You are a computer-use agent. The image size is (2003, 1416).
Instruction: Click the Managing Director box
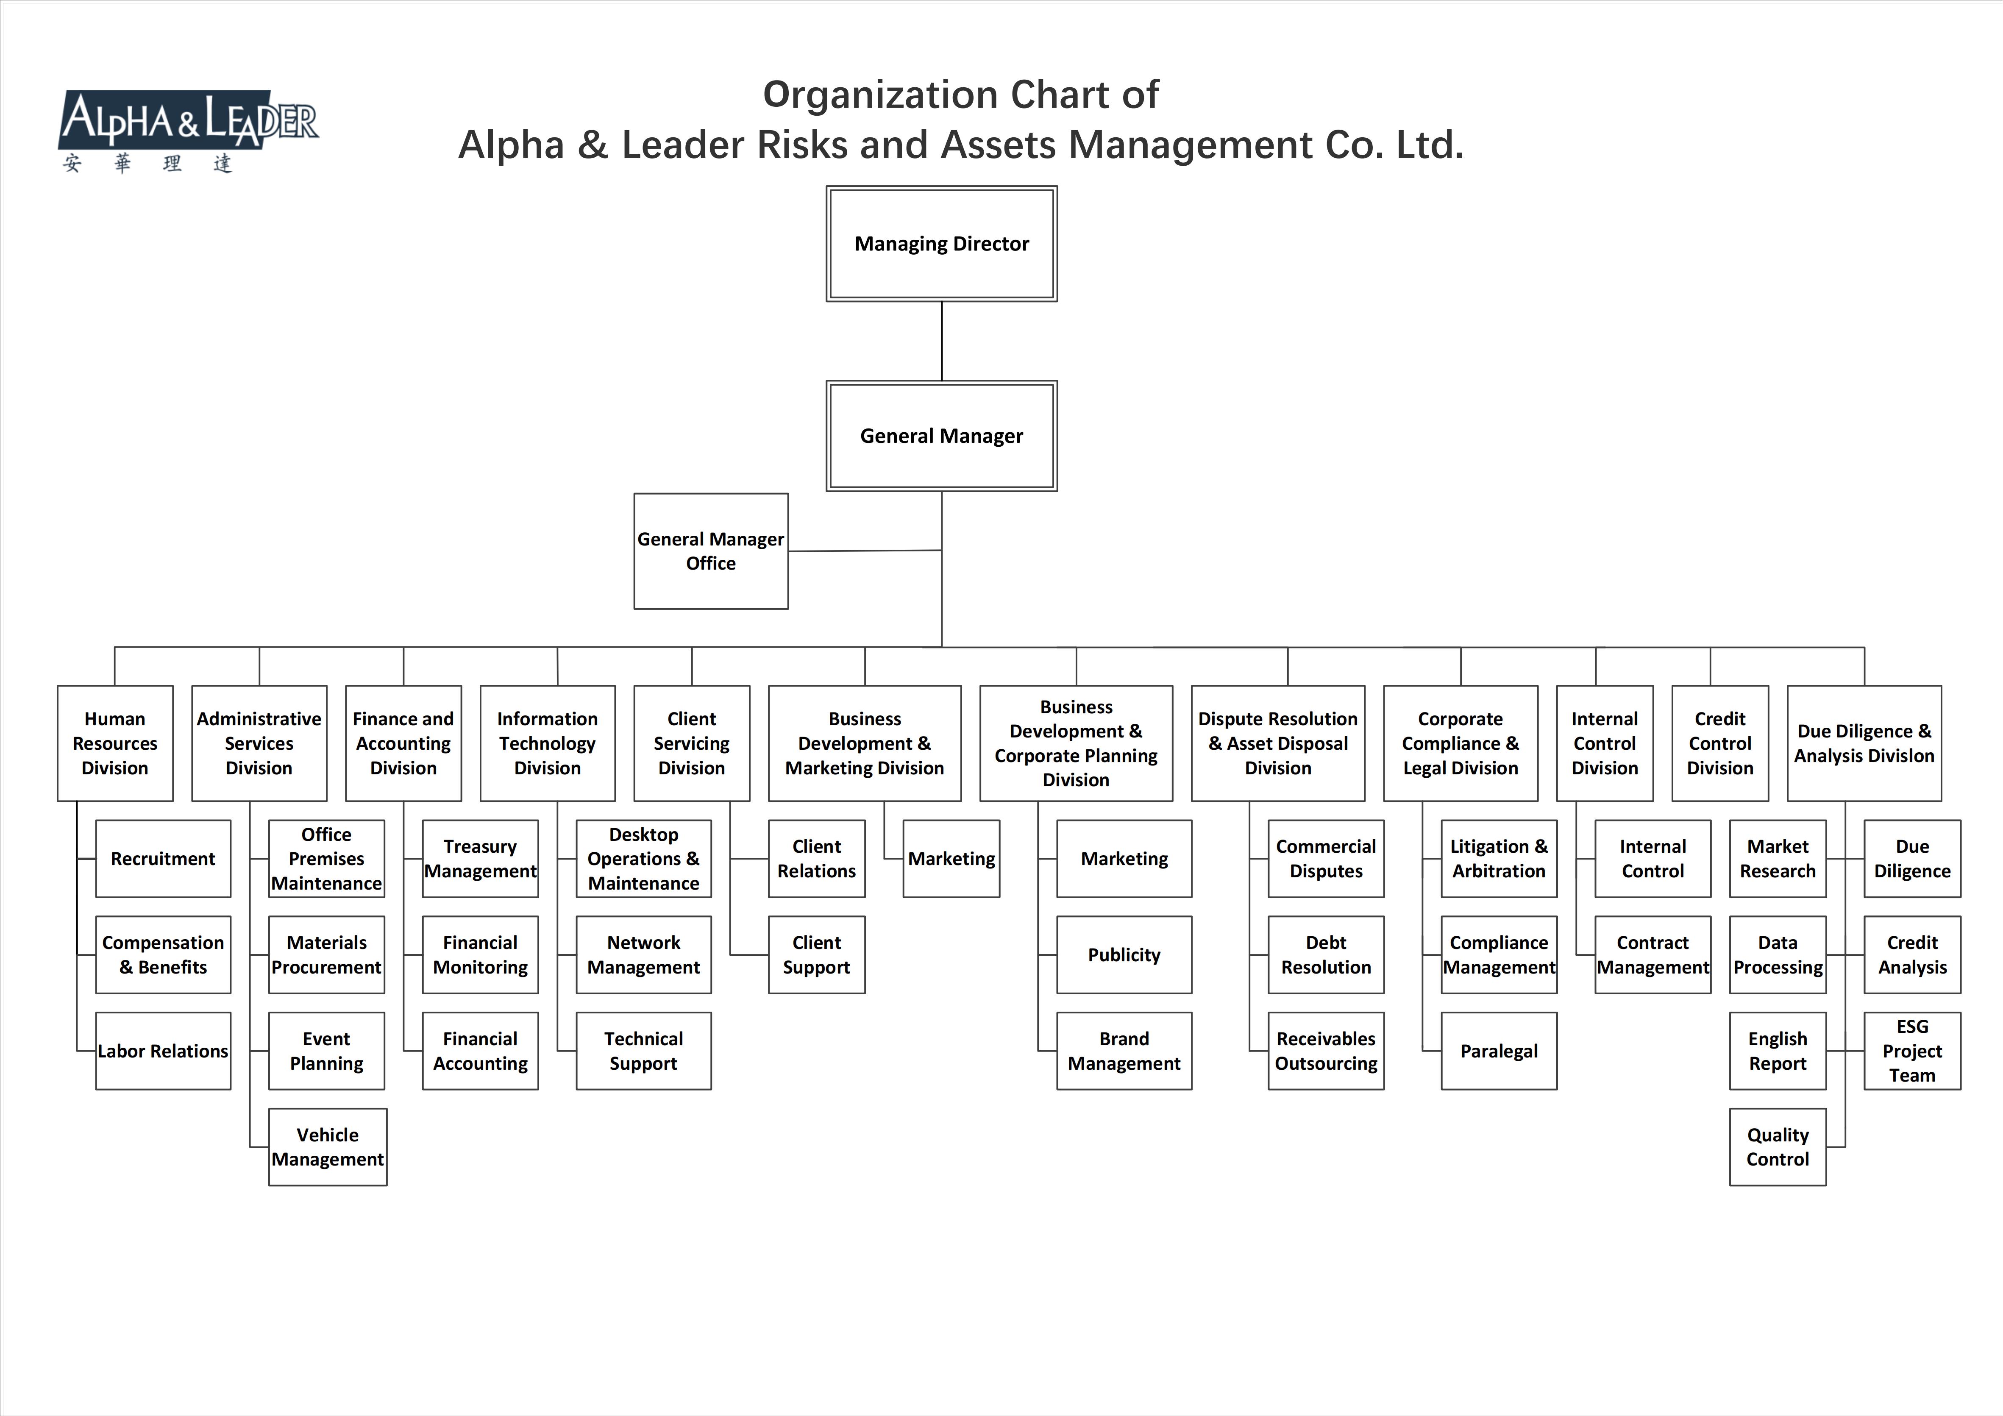click(x=941, y=243)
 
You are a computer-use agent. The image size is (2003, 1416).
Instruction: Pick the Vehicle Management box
click(x=327, y=1146)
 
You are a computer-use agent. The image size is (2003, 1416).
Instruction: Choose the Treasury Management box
click(x=480, y=859)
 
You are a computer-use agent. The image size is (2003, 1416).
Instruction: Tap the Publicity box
click(x=1124, y=954)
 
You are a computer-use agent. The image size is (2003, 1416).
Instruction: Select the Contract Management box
click(x=1652, y=954)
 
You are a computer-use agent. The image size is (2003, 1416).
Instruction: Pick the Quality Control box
click(x=1777, y=1146)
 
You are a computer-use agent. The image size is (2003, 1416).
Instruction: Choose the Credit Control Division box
click(x=1719, y=743)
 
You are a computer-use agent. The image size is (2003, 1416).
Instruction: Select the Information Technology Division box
click(x=547, y=743)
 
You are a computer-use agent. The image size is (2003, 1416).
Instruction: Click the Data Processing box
click(x=1777, y=954)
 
